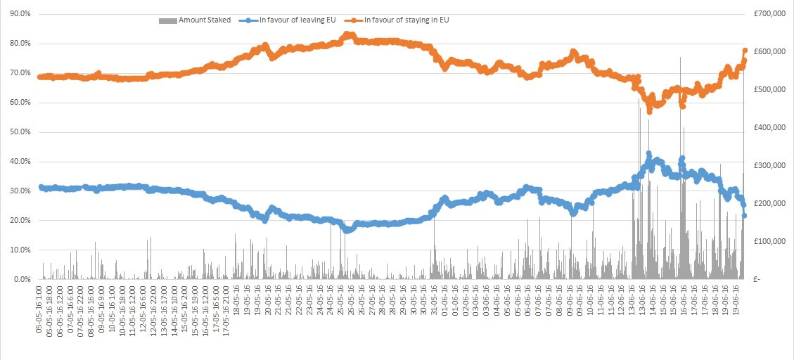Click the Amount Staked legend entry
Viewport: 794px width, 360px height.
[198, 20]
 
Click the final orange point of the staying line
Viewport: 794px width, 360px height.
[745, 51]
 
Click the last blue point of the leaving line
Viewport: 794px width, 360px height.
[745, 215]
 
